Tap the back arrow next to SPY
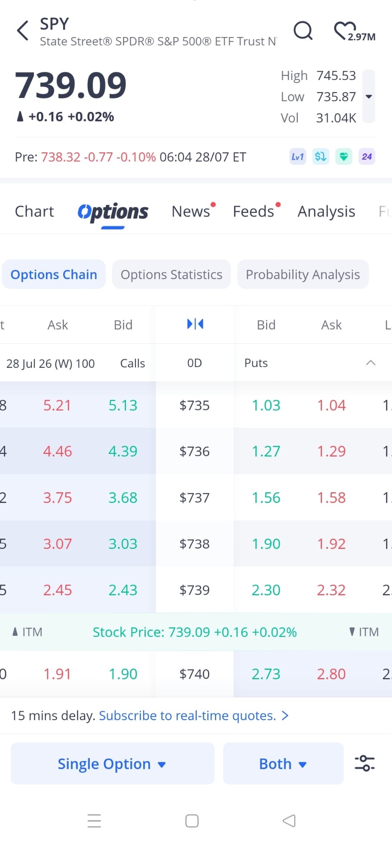(x=22, y=31)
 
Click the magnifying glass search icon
(x=303, y=30)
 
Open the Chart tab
(x=34, y=211)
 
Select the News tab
(x=191, y=211)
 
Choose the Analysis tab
(x=326, y=211)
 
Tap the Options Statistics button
(x=171, y=274)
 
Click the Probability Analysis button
(x=303, y=274)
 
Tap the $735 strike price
(x=194, y=405)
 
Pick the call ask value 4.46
(x=58, y=451)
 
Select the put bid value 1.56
(x=266, y=498)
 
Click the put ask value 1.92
(x=331, y=544)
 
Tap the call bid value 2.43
(x=123, y=590)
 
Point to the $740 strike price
(x=194, y=674)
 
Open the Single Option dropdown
(x=113, y=764)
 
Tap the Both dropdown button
(x=283, y=764)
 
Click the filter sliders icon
(x=364, y=763)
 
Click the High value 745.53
(x=336, y=75)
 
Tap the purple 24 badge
(x=367, y=157)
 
